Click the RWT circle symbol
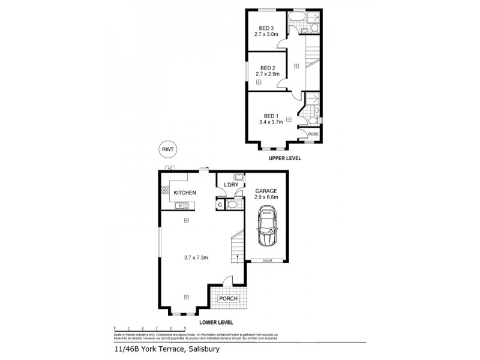(x=169, y=149)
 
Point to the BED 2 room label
(x=268, y=68)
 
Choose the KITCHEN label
(x=185, y=193)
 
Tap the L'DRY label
(x=232, y=185)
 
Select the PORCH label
(x=228, y=298)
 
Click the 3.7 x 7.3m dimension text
(x=196, y=258)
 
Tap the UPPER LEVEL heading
(x=284, y=158)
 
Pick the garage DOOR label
(x=267, y=260)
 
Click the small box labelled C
(x=220, y=205)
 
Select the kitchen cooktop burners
(x=165, y=191)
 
